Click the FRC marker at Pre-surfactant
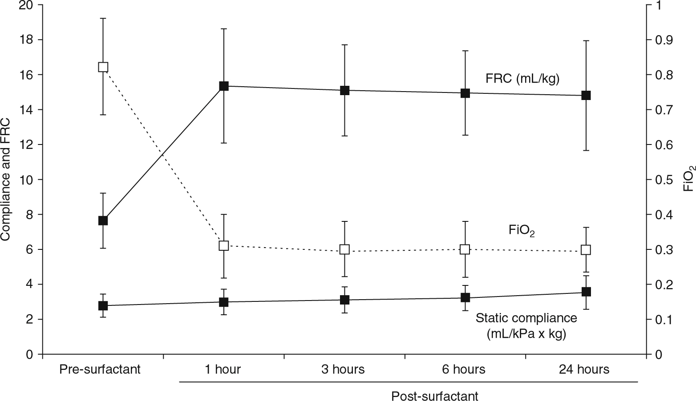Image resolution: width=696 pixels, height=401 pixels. pos(103,221)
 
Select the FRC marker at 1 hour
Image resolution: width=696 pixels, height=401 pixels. pos(224,86)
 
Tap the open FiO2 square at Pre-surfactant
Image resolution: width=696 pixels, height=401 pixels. pos(103,67)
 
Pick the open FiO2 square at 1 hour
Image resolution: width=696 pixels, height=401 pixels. pos(224,245)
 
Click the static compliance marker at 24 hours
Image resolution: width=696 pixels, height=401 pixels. pos(586,292)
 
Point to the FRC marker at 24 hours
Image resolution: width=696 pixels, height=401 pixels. pos(586,95)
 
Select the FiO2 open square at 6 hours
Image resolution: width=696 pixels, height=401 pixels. pos(465,249)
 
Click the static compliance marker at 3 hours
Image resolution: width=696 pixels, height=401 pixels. pos(344,300)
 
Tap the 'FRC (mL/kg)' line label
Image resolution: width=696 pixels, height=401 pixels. pos(522,79)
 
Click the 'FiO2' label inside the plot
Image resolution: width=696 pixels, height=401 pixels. pos(522,231)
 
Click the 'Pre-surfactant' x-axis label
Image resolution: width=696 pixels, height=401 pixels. pos(100,369)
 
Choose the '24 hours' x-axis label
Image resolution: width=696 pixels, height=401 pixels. pos(584,369)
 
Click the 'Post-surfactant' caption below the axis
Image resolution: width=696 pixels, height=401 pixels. pos(435,396)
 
